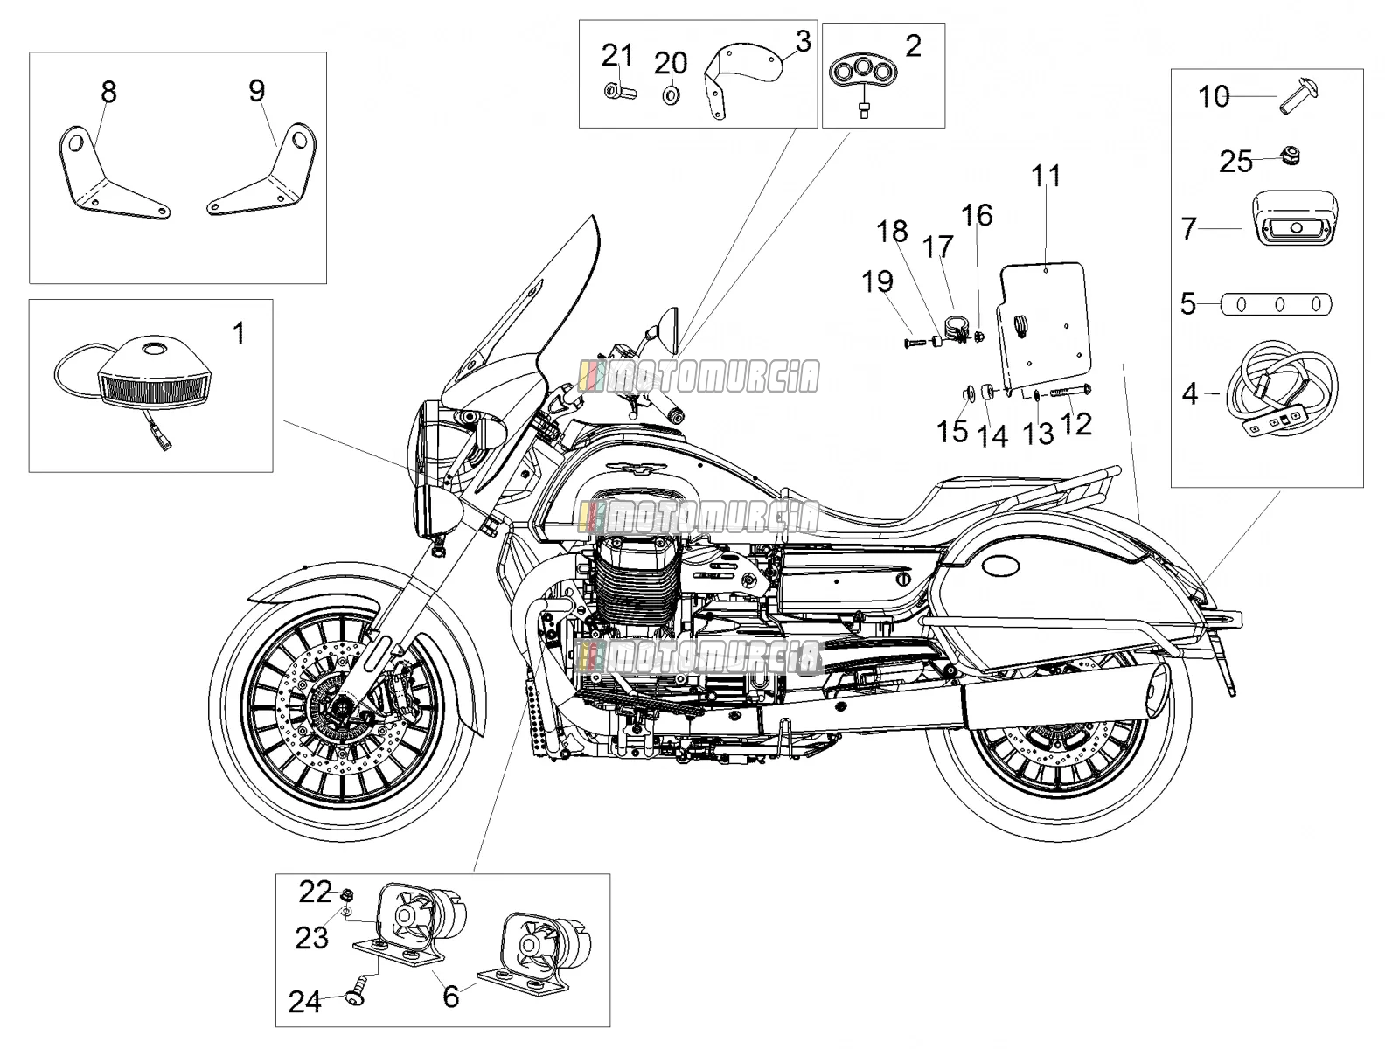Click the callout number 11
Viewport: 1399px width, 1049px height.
pos(1046,176)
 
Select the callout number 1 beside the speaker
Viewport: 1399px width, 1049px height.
pos(239,333)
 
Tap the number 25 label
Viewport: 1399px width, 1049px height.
pos(1235,162)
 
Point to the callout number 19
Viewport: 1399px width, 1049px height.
pos(878,281)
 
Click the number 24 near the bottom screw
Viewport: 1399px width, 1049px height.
pos(304,1001)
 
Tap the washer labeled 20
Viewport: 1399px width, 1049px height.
pos(672,95)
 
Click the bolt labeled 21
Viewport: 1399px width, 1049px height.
pos(620,93)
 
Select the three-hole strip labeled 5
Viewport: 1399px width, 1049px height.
pos(1277,304)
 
